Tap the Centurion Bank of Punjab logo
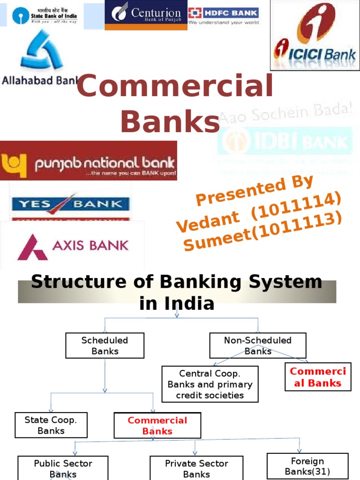(x=146, y=15)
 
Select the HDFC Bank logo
(x=223, y=15)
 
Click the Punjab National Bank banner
(x=89, y=161)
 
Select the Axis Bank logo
(x=73, y=246)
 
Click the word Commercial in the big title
(x=174, y=87)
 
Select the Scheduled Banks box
(x=105, y=345)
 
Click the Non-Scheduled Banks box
(x=257, y=345)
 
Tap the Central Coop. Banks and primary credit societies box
(x=210, y=384)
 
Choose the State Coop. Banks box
(x=51, y=425)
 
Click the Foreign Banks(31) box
(x=307, y=466)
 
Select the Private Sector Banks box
(x=196, y=468)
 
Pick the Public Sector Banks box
(x=63, y=468)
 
